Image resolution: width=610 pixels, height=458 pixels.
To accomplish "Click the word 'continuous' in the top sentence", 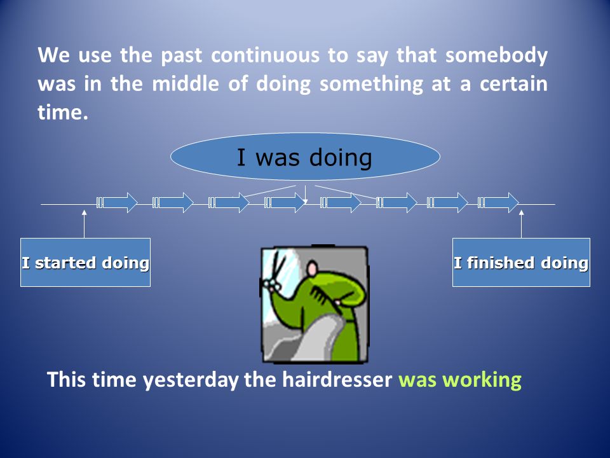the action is (x=266, y=55).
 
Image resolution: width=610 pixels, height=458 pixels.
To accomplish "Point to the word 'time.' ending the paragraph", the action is (x=63, y=112).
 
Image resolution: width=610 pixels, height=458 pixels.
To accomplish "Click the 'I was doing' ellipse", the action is (x=306, y=156).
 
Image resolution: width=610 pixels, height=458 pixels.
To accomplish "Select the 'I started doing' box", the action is (x=85, y=263).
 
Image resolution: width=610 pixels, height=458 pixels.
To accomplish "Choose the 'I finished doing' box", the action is (x=521, y=263).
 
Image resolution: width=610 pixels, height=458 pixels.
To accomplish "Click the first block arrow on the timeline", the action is (x=117, y=202).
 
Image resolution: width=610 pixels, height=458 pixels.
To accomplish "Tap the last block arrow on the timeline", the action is (x=498, y=202).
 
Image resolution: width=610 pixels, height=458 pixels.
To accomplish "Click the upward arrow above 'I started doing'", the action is (x=84, y=224).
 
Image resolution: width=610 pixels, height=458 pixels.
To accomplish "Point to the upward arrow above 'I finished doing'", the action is (x=521, y=224).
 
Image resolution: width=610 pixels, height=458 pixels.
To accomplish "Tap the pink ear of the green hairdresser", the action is (x=312, y=269).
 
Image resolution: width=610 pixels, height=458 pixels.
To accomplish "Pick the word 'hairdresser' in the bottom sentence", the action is (x=337, y=379).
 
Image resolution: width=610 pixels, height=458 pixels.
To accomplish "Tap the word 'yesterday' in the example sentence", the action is (x=191, y=380).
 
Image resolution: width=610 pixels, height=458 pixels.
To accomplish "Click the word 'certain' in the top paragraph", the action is (x=513, y=84).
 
